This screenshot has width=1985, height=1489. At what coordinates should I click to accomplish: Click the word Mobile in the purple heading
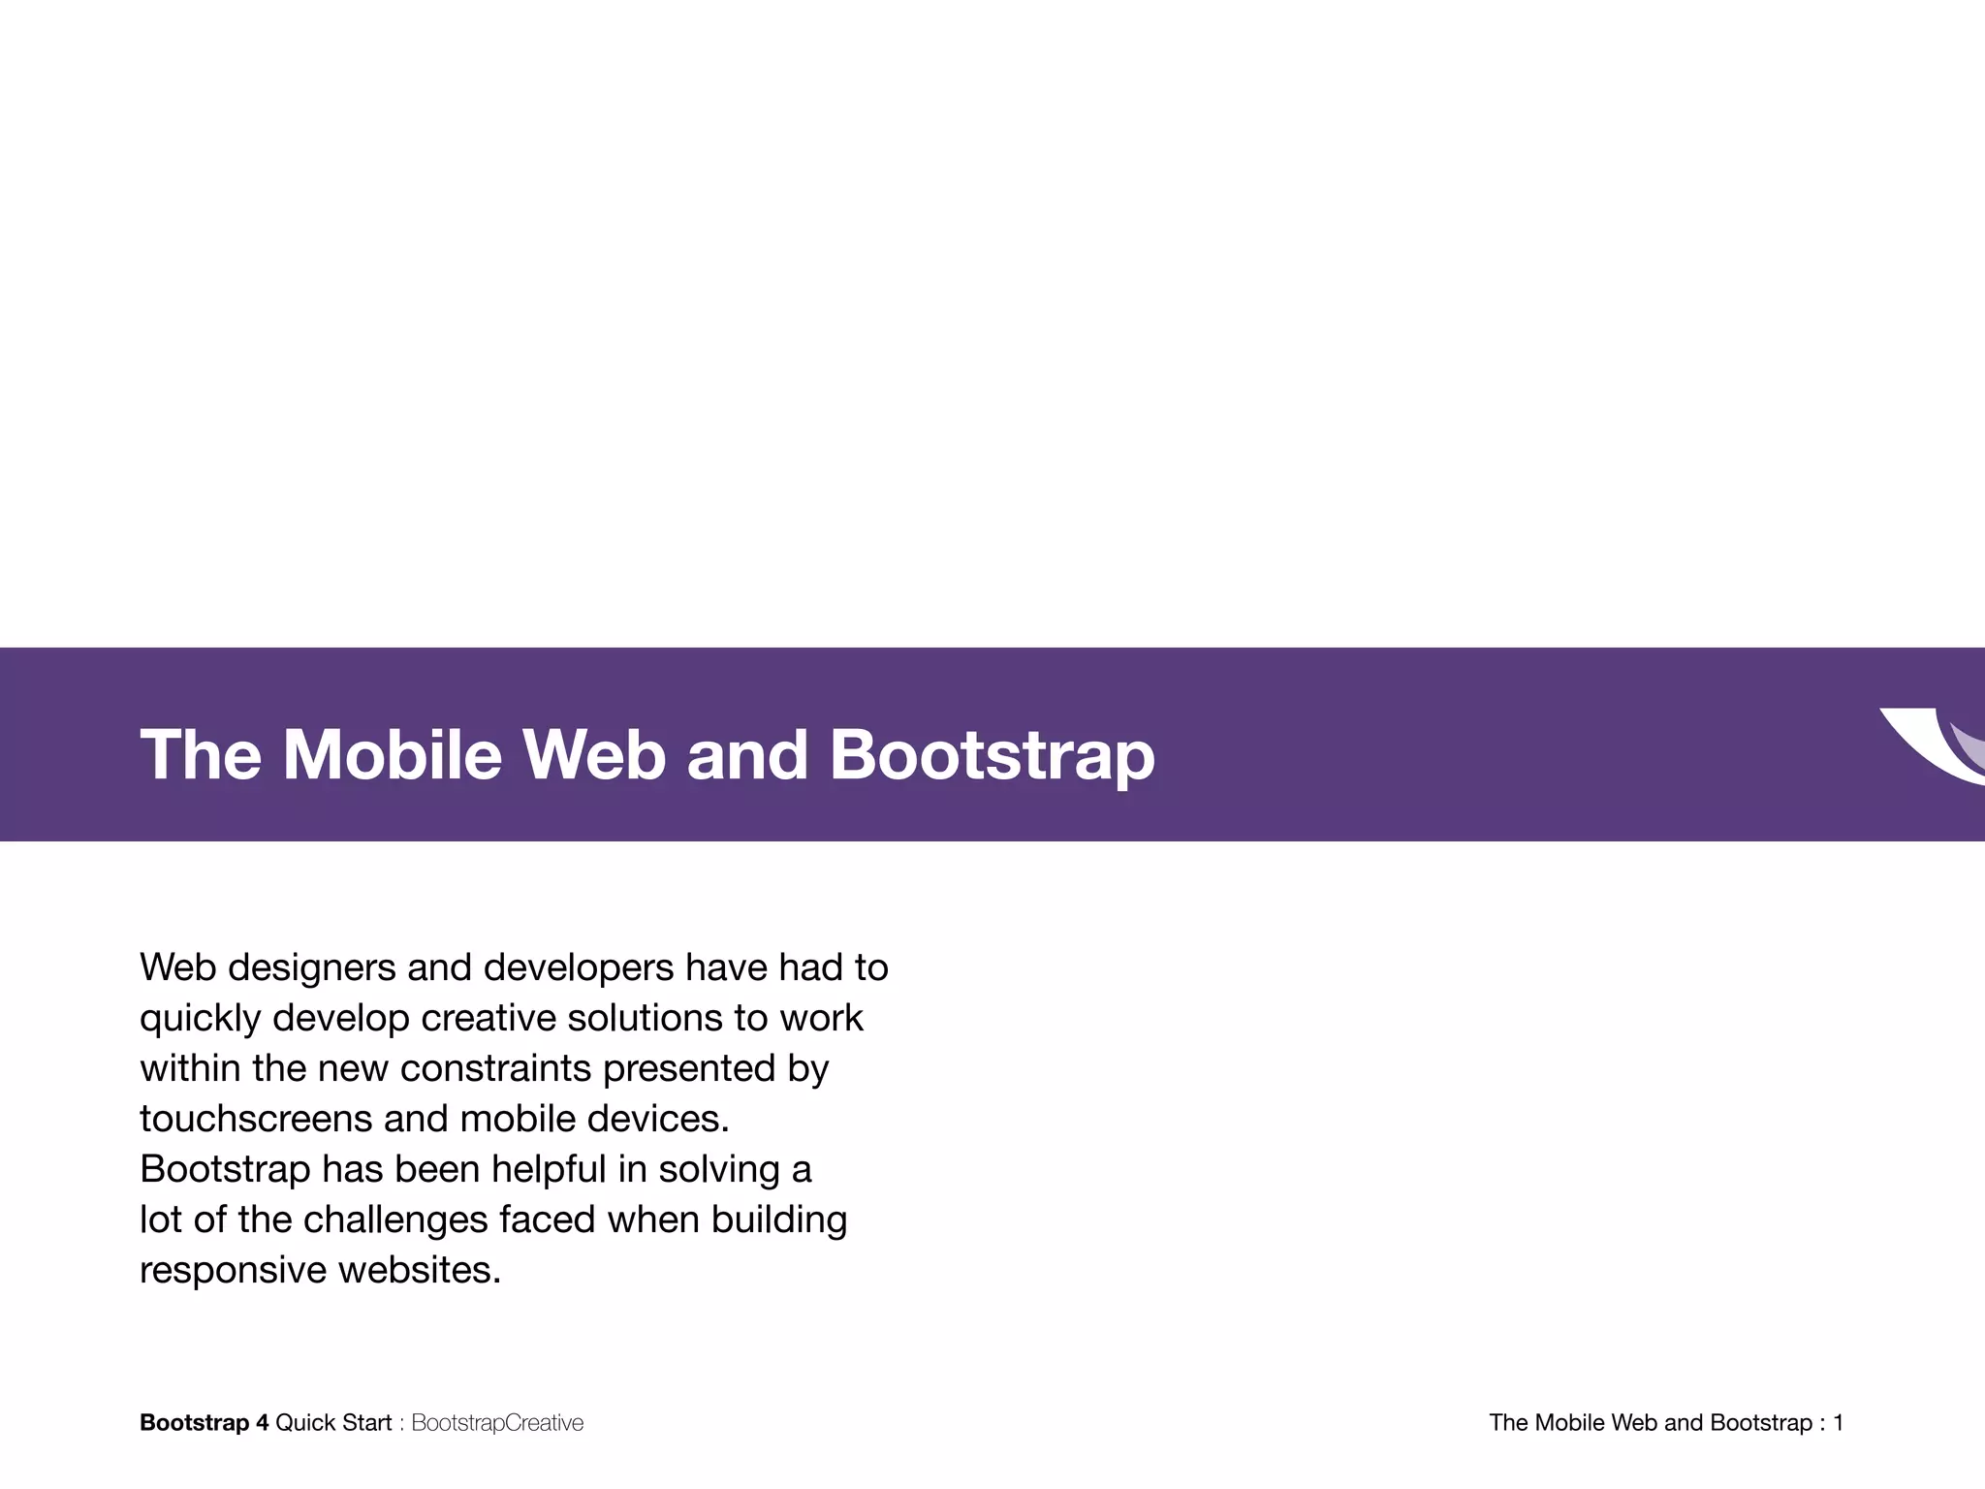(x=393, y=754)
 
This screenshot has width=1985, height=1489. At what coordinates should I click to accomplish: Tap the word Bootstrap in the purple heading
(x=992, y=754)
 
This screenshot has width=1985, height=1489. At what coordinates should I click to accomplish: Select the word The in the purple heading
(x=201, y=754)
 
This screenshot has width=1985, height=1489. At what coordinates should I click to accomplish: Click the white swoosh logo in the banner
(x=1929, y=744)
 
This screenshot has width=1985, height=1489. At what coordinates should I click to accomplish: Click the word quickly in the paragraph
(x=201, y=1019)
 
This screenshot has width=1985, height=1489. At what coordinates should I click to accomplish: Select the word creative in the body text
(x=488, y=1019)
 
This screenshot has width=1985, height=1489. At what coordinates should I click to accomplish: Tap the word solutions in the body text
(x=645, y=1019)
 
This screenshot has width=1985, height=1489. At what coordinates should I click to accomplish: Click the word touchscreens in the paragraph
(x=256, y=1120)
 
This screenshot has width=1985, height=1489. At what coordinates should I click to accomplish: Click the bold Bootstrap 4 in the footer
(x=205, y=1423)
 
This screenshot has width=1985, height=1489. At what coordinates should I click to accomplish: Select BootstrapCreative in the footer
(x=497, y=1423)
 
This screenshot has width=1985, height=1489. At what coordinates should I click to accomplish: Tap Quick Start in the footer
(x=333, y=1423)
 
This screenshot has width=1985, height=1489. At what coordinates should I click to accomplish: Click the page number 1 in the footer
(x=1838, y=1423)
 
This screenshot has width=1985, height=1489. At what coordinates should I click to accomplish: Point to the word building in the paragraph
(x=779, y=1220)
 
